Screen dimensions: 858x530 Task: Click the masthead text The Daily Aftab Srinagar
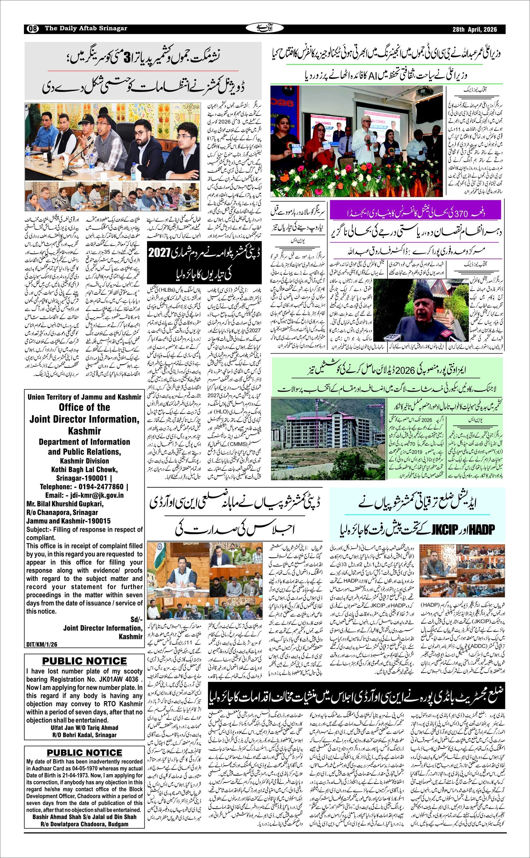[x=86, y=28]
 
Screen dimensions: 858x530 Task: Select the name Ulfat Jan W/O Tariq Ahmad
[x=84, y=728]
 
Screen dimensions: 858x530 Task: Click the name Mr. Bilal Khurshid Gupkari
[x=65, y=504]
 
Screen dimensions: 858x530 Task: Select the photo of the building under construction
[x=328, y=439]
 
